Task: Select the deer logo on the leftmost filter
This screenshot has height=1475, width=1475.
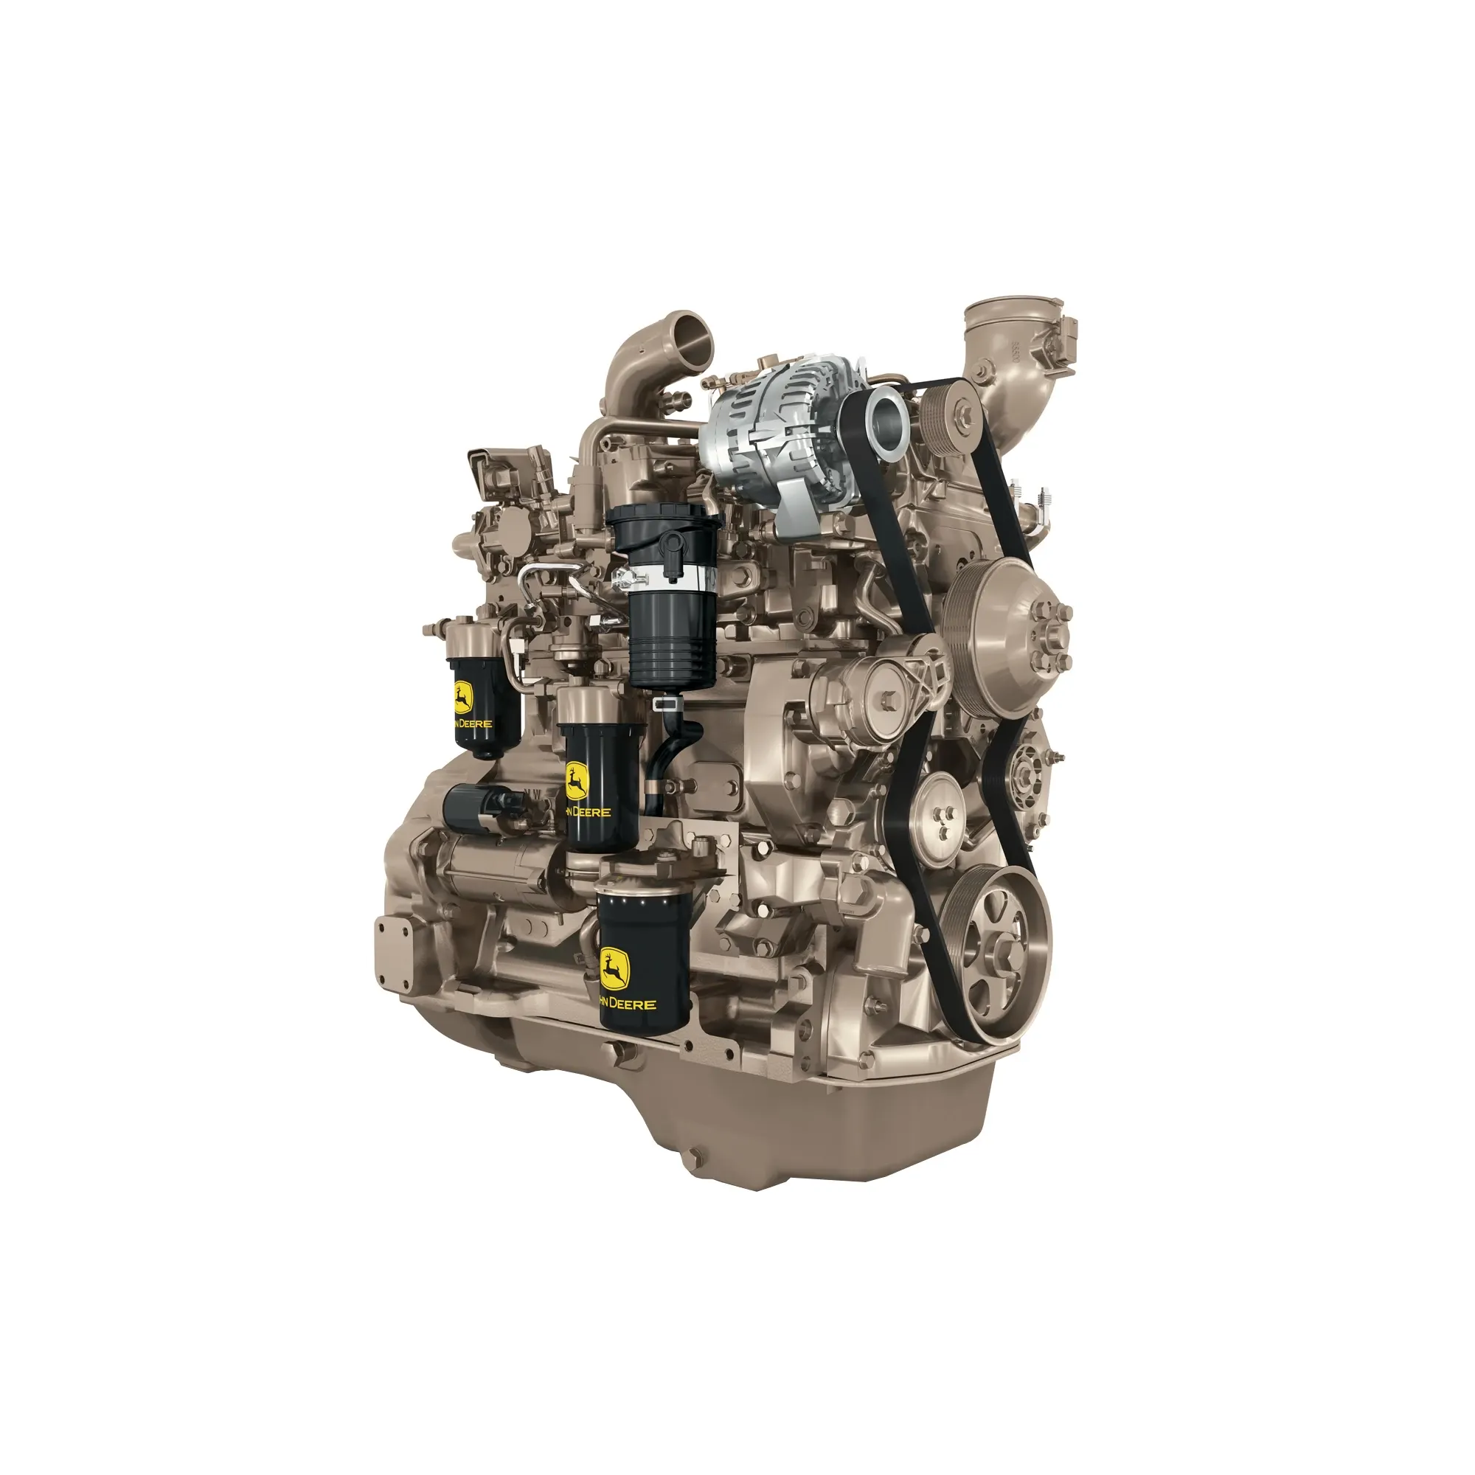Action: click(462, 697)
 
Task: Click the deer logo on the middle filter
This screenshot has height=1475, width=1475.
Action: click(576, 782)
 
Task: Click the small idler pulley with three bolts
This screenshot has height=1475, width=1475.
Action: click(938, 810)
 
